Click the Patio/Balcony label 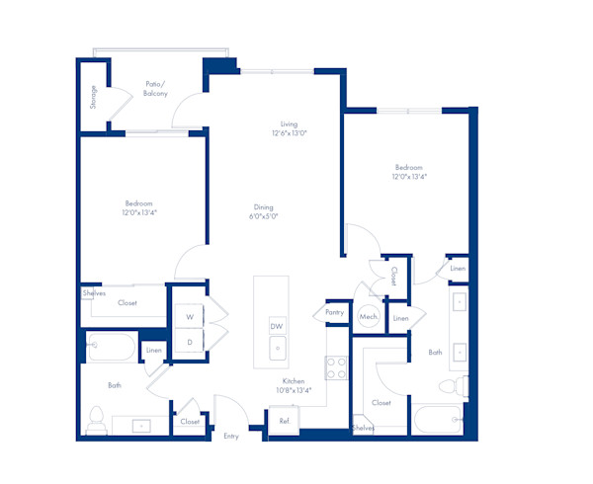155,89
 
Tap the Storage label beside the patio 94,96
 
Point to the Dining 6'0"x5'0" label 263,211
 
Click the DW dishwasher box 277,326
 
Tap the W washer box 189,317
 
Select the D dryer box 189,341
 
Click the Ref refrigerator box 284,421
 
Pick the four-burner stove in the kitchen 338,367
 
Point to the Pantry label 333,312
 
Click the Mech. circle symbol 369,317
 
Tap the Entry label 231,436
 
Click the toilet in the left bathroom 97,419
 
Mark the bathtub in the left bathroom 111,346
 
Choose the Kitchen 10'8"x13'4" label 295,385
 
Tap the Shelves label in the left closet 95,293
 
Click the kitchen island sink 278,348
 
